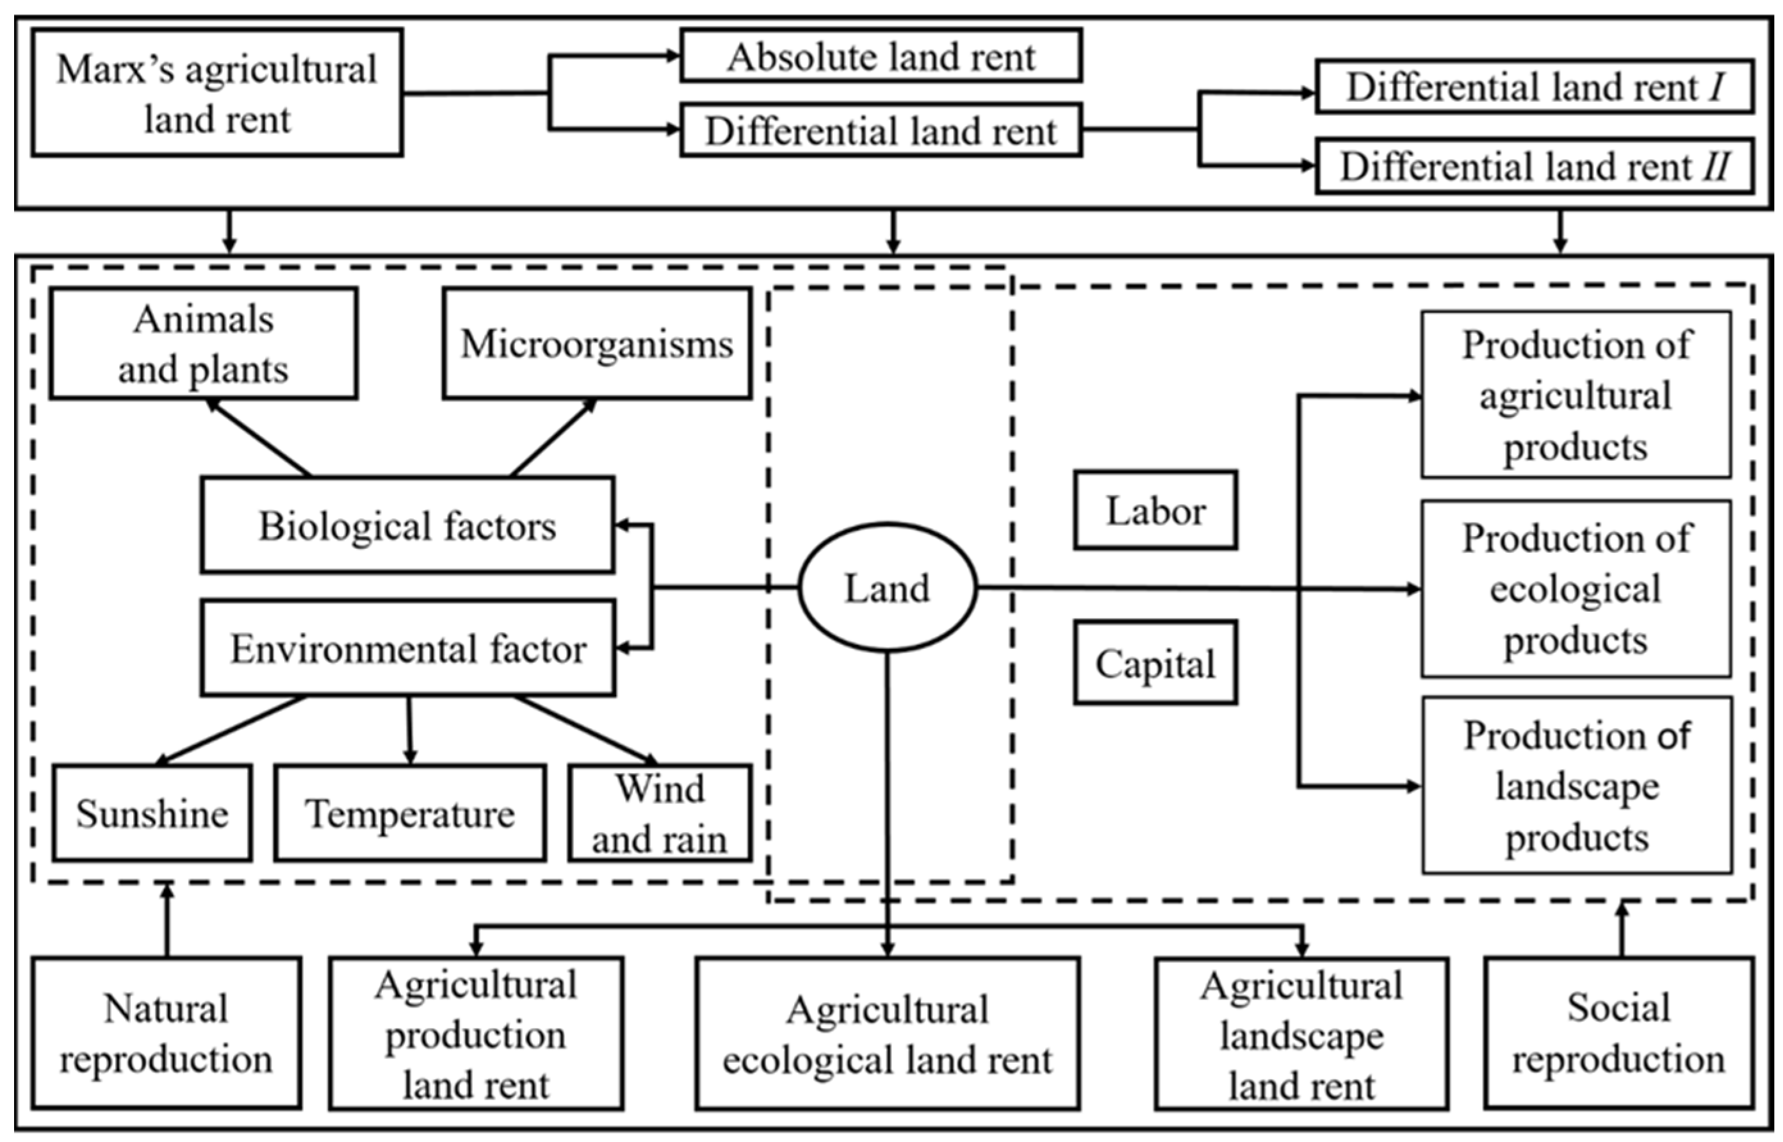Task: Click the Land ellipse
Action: click(886, 588)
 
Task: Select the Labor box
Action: click(1155, 510)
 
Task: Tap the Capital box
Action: click(1155, 662)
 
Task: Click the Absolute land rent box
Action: click(881, 56)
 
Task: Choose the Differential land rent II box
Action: click(1535, 165)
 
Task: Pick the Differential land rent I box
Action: click(1535, 86)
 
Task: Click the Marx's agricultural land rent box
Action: click(217, 93)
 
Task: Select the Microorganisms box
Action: click(597, 343)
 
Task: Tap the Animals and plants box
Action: click(204, 343)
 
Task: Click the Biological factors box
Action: click(407, 525)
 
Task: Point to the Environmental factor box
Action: click(408, 648)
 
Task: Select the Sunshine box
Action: click(152, 813)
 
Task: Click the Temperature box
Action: click(410, 813)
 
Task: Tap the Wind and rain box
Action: click(660, 813)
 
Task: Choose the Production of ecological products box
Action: click(1576, 589)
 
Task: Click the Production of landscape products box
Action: click(1577, 785)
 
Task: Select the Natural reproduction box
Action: click(166, 1033)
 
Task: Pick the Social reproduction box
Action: click(1619, 1033)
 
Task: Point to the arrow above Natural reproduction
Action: click(167, 920)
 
